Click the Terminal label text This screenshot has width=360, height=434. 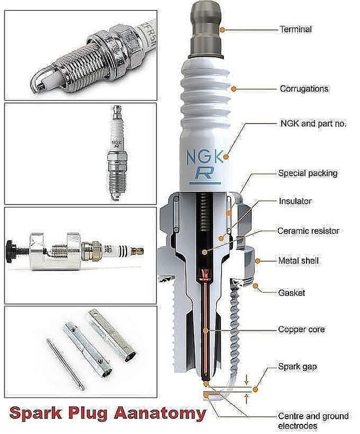point(295,29)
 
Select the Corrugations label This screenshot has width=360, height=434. point(304,89)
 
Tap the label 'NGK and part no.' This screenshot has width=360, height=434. point(313,124)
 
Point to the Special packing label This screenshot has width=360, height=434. point(308,173)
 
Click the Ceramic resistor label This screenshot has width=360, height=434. point(308,231)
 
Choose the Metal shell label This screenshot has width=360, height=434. point(298,260)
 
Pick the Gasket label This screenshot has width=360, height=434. point(291,293)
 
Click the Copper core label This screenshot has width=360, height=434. point(301,329)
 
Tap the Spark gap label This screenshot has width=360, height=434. point(298,367)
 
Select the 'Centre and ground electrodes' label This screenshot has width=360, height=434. point(313,421)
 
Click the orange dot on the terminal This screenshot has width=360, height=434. point(222,29)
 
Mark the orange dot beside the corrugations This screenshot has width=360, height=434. point(234,89)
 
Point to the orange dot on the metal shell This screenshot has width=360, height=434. point(257,261)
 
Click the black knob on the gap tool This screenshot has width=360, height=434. point(11,251)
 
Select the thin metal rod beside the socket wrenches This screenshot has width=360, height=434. point(65,364)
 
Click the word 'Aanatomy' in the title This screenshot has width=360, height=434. point(160,414)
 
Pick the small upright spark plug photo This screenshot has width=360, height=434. point(117,153)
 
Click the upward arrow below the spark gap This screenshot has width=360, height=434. point(246,399)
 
